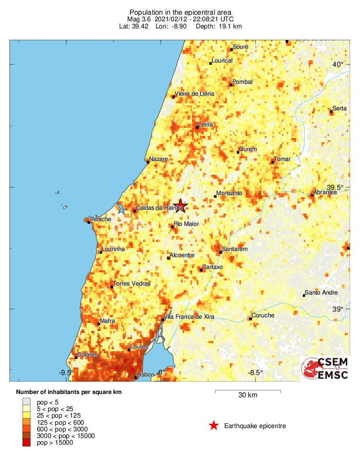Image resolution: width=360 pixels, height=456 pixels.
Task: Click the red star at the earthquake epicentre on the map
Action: (x=180, y=206)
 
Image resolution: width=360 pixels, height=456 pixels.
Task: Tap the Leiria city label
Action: (x=206, y=125)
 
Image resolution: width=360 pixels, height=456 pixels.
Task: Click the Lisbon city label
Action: (x=145, y=375)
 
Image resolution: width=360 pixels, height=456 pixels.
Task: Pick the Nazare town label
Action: (x=158, y=159)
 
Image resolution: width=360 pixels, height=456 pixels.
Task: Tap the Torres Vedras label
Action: (x=131, y=284)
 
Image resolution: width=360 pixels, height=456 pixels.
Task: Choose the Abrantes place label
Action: (x=325, y=192)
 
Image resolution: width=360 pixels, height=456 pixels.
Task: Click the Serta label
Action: (x=339, y=108)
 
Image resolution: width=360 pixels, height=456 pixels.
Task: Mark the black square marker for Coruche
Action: (x=250, y=319)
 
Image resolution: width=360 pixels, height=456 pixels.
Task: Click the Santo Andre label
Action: (x=321, y=293)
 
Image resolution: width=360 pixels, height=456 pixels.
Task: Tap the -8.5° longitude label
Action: (x=255, y=373)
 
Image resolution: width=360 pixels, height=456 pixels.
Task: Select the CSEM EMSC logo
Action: (x=325, y=368)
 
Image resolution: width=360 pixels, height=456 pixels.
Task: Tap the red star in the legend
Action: (x=214, y=426)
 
